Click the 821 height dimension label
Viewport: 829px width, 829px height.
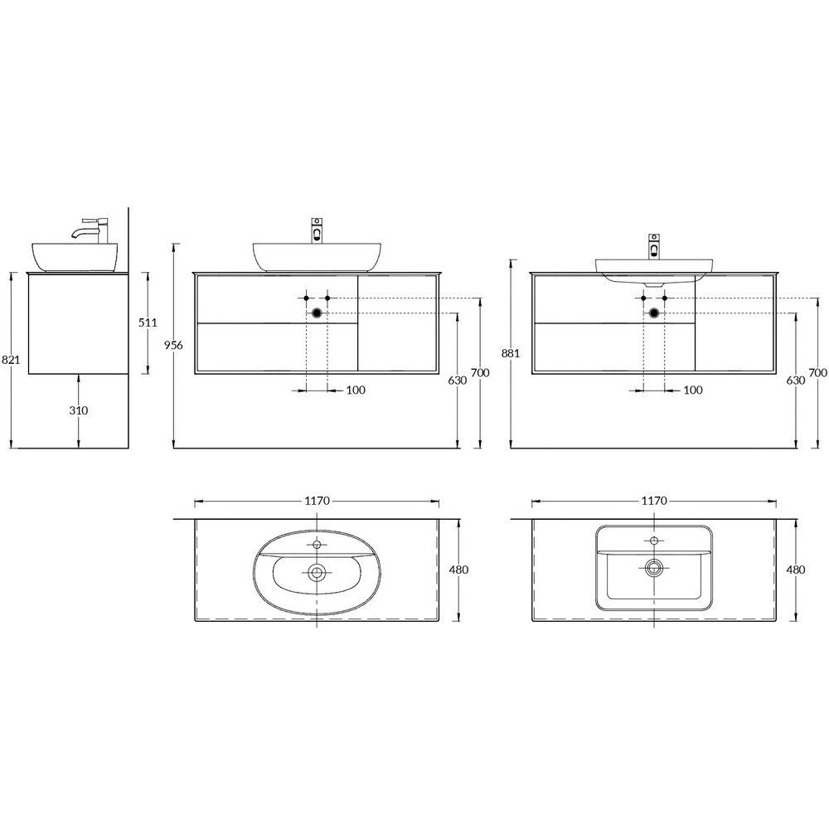point(11,360)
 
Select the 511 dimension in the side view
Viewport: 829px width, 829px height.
point(148,322)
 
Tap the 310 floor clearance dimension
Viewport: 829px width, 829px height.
point(79,410)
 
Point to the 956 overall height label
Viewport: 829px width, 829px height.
point(173,345)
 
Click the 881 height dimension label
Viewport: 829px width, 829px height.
point(511,353)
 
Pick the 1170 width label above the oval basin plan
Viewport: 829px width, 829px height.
point(318,501)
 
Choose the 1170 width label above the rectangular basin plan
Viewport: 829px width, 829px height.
point(654,501)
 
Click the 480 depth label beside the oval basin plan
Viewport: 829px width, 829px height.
point(458,570)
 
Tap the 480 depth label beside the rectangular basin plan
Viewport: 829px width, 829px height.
point(796,570)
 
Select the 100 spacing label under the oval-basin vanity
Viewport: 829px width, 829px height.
point(356,390)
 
